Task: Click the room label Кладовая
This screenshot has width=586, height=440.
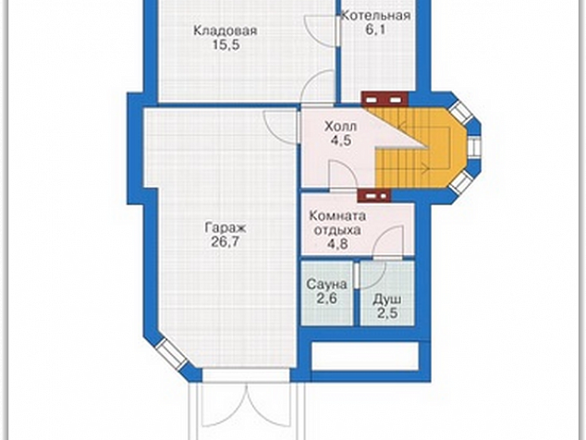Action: click(225, 31)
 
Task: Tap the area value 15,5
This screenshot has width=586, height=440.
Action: click(226, 45)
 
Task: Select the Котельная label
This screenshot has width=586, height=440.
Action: click(375, 16)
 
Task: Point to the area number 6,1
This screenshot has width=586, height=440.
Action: click(375, 30)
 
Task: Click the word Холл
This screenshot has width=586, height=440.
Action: click(340, 127)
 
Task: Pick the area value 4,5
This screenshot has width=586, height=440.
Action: click(341, 141)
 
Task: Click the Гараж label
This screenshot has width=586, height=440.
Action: click(225, 227)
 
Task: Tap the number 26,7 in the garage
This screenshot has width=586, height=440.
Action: click(225, 242)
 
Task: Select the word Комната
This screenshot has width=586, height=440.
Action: click(338, 216)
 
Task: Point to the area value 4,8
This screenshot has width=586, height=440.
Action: click(338, 244)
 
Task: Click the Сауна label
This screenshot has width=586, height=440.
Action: click(326, 285)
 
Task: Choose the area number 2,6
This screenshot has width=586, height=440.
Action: click(327, 299)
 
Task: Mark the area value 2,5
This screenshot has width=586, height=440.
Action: click(387, 313)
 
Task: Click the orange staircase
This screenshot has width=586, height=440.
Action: click(419, 150)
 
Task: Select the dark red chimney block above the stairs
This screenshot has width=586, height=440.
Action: click(385, 100)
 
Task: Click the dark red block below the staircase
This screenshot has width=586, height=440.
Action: click(374, 195)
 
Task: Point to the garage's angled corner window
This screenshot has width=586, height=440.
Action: click(172, 354)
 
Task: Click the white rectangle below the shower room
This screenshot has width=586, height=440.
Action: click(365, 356)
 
